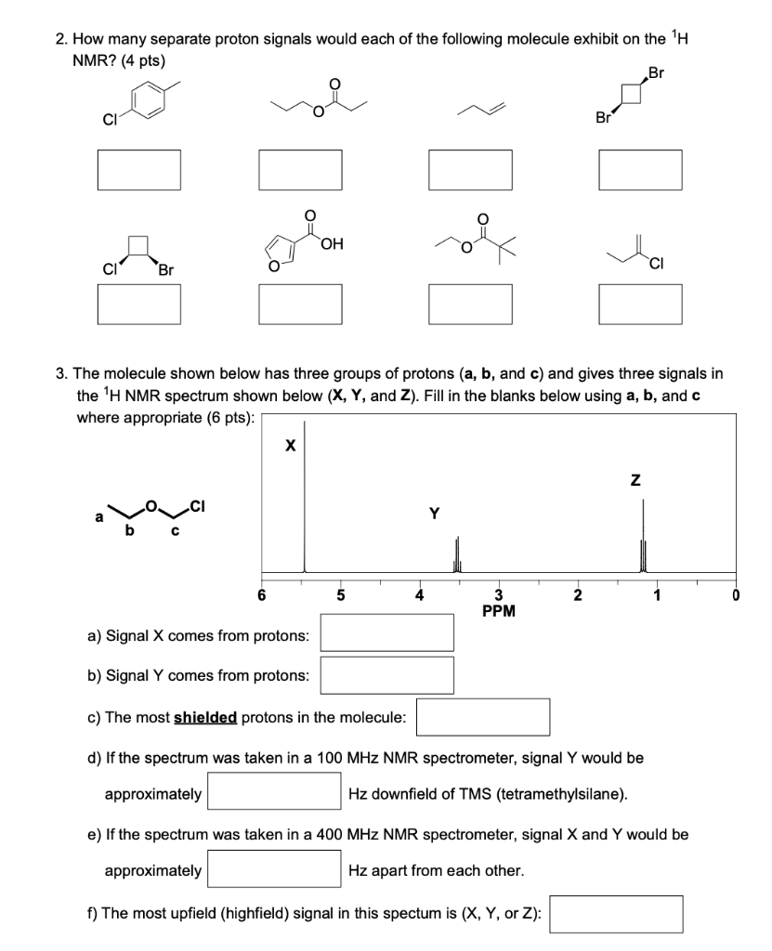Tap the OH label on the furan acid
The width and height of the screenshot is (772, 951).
pyautogui.click(x=332, y=244)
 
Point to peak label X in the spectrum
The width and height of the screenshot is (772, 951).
pyautogui.click(x=290, y=447)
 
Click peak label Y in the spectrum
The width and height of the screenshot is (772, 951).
pyautogui.click(x=433, y=512)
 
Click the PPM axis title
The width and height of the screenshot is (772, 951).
pyautogui.click(x=499, y=610)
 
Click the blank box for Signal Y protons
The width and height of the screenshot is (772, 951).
pyautogui.click(x=387, y=675)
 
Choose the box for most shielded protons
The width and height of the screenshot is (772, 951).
pyautogui.click(x=483, y=717)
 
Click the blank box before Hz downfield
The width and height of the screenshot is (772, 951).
pyautogui.click(x=275, y=792)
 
